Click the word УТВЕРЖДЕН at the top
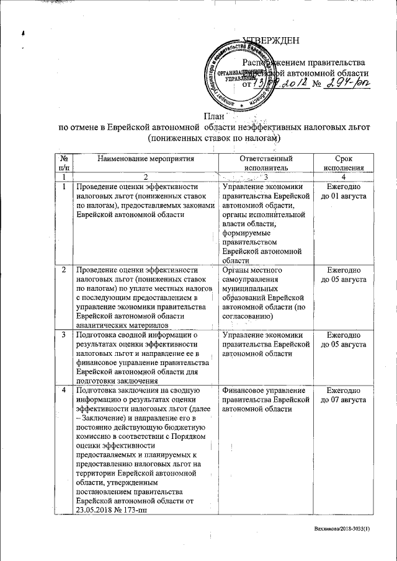tap(270, 42)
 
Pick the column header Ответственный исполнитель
tap(266, 163)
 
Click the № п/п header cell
tap(64, 163)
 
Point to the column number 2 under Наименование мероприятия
tap(146, 177)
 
